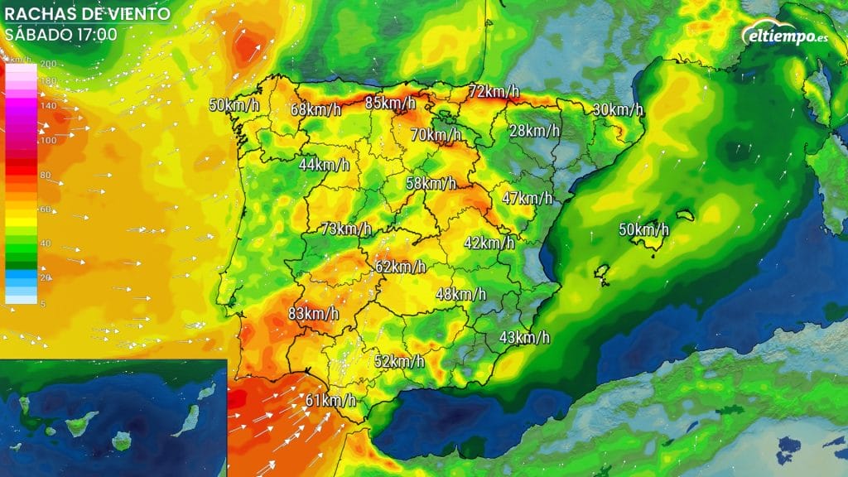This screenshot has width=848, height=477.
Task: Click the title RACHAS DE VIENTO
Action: (x=88, y=14)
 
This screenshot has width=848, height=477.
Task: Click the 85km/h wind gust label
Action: (x=390, y=103)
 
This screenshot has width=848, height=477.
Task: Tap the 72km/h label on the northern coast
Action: (x=494, y=91)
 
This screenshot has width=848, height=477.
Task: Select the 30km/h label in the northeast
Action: (x=618, y=109)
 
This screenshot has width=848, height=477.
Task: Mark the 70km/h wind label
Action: (x=435, y=133)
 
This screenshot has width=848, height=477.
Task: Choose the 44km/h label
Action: (x=324, y=165)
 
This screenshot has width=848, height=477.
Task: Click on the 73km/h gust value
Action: (x=345, y=229)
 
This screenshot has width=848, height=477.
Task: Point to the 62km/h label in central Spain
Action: (x=400, y=267)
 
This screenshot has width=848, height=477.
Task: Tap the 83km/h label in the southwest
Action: (x=313, y=313)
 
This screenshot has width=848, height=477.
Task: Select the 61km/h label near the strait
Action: (x=330, y=401)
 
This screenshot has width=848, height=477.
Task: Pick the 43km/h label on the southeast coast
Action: (x=524, y=337)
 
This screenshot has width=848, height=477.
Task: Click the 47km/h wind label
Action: (x=527, y=198)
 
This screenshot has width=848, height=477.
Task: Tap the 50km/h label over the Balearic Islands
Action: (x=644, y=229)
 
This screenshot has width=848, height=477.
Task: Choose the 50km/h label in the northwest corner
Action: (x=233, y=105)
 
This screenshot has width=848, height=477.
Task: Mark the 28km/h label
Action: (x=534, y=131)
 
